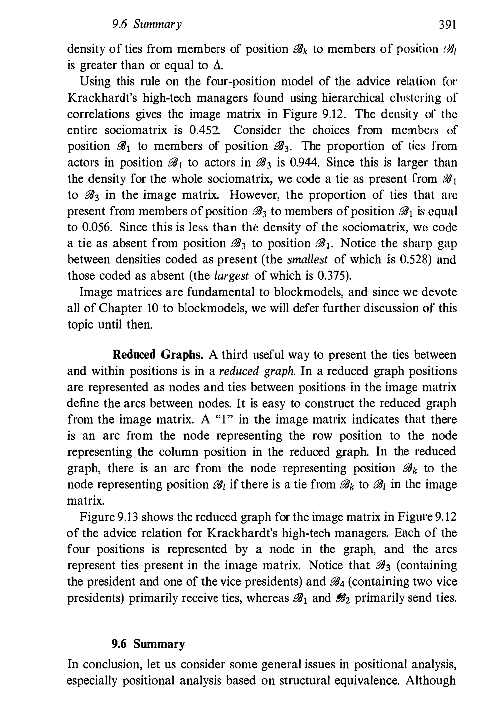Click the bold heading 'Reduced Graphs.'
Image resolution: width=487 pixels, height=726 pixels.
pyautogui.click(x=157, y=355)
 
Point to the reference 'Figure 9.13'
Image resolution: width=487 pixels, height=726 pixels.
pyautogui.click(x=109, y=517)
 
